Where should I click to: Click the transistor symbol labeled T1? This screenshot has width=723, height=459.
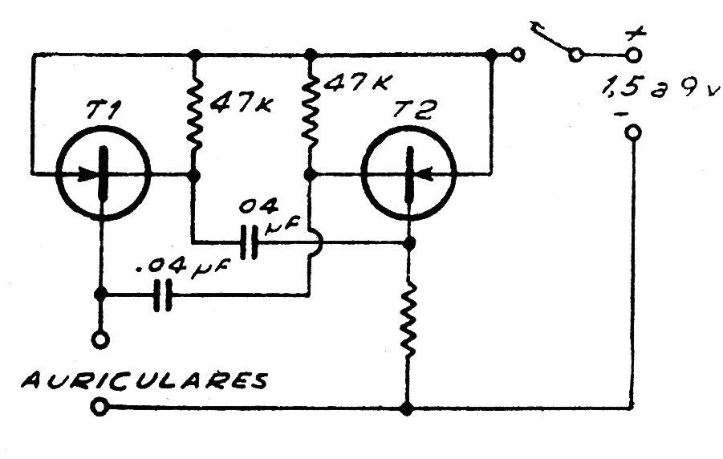(x=103, y=173)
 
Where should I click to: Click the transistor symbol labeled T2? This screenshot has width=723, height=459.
(x=408, y=173)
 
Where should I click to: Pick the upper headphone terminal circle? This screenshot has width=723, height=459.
(x=100, y=340)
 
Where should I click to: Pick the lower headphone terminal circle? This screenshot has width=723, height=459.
(x=100, y=408)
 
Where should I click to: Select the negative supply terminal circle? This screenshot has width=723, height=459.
(x=633, y=132)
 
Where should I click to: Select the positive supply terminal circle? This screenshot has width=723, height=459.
(x=634, y=55)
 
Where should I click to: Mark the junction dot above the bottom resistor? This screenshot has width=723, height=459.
(x=408, y=241)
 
